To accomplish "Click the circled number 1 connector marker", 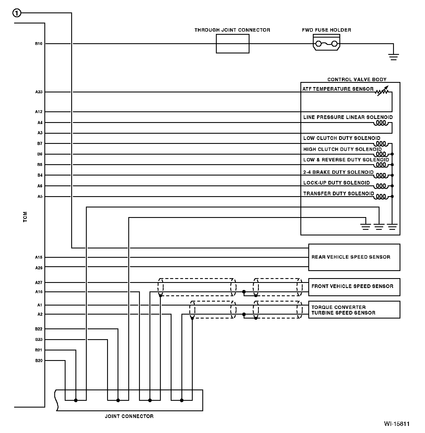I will click(x=17, y=13).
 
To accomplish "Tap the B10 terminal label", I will click(x=39, y=44).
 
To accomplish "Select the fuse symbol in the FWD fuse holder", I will click(x=326, y=44).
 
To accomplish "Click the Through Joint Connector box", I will click(x=233, y=44).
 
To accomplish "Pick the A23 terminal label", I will click(x=39, y=92).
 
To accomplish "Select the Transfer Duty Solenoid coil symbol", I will click(x=381, y=196).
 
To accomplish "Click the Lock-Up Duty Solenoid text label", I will click(x=336, y=183).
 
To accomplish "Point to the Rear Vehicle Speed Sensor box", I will click(x=354, y=257).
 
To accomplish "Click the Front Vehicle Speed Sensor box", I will click(x=354, y=287).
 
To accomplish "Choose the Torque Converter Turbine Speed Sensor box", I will click(x=354, y=310).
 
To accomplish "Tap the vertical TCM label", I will click(x=25, y=217).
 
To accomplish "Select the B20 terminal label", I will click(x=39, y=361).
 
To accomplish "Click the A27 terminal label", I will click(x=39, y=283).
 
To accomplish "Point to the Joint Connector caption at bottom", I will click(x=129, y=416).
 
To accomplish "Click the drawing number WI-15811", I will click(x=396, y=424).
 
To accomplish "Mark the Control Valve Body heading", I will click(x=357, y=80).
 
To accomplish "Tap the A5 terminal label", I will click(x=40, y=197).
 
